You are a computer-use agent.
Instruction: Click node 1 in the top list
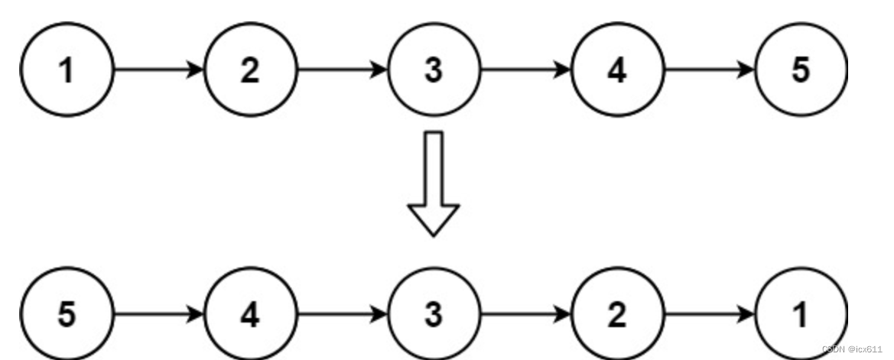coord(67,70)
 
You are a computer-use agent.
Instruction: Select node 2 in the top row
coord(250,70)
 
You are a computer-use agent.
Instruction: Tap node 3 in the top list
coord(434,70)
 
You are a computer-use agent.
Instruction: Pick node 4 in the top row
coord(617,70)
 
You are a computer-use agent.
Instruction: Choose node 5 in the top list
coord(800,70)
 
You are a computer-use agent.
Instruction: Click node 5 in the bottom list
coord(67,316)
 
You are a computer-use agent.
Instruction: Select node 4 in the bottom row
coord(250,316)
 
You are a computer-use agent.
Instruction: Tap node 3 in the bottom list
coord(434,316)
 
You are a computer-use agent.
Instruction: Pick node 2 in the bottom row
coord(617,316)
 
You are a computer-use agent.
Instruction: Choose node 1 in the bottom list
coord(800,316)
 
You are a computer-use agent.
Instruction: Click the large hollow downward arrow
coord(434,183)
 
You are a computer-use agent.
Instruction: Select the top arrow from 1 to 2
coord(158,70)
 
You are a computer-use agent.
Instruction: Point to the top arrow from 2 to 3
coord(342,70)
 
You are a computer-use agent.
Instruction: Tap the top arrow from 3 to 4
coord(525,70)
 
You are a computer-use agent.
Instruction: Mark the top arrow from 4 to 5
coord(709,70)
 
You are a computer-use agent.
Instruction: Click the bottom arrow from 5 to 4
coord(158,316)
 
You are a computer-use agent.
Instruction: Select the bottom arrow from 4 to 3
coord(342,316)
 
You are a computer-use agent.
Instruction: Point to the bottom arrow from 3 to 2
coord(525,316)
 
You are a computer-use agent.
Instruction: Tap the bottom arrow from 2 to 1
coord(709,316)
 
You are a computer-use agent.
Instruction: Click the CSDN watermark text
coord(852,349)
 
